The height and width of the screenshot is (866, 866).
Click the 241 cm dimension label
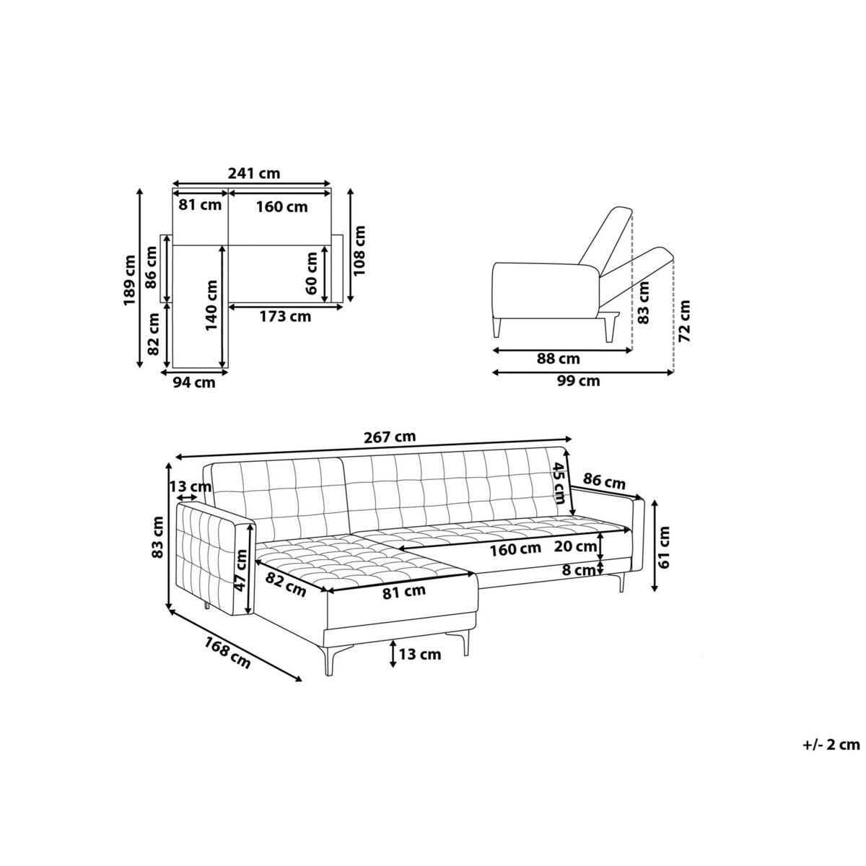coord(254,173)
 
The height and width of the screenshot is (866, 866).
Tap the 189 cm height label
coord(131,279)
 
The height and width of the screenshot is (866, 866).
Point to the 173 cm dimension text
coord(285,316)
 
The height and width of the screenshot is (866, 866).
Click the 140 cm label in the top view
coord(211,305)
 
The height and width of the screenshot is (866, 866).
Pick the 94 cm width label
coord(194,382)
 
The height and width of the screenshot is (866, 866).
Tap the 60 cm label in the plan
coord(311,274)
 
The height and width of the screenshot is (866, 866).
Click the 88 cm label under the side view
coord(559,359)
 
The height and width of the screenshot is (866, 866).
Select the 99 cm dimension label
coord(578,381)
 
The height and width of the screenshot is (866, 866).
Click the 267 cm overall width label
coord(390,437)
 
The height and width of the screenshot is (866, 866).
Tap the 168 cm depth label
coord(227,653)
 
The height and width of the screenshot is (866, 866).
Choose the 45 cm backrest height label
coord(560,483)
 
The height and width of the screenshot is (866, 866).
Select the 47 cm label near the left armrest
coord(241,571)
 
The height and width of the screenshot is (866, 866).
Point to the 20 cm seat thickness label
coord(575,546)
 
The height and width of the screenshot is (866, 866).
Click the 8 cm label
coord(579,570)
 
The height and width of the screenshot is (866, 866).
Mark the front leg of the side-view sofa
coord(496,325)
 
